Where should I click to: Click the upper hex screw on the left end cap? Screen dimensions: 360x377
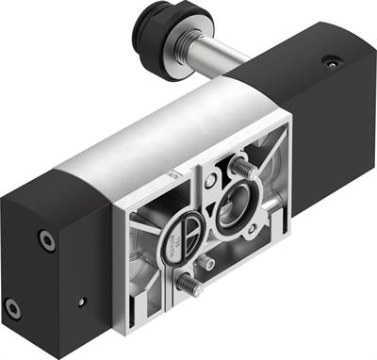[45, 240]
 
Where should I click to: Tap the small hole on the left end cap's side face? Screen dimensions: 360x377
[82, 302]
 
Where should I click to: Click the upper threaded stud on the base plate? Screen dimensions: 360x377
[240, 168]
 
